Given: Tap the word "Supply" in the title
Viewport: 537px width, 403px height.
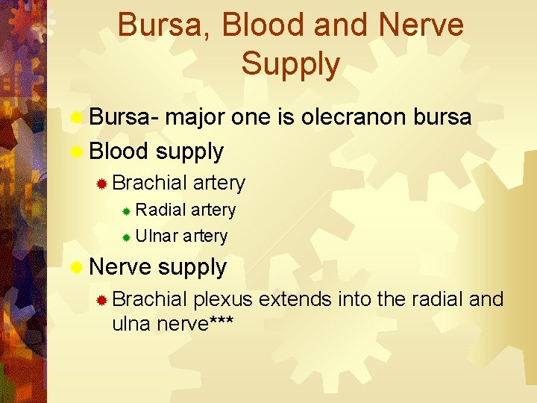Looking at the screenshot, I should (290, 64).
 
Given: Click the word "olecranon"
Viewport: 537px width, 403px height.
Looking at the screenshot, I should (344, 117).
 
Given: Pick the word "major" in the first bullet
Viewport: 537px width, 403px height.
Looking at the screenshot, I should (195, 118).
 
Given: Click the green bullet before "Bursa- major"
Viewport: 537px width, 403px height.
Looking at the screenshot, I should (76, 118).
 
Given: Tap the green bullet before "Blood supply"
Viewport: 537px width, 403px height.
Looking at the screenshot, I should (76, 151).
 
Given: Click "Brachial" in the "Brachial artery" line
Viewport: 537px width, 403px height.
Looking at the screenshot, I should (150, 182).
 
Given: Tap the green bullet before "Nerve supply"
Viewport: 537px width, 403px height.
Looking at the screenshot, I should (76, 267).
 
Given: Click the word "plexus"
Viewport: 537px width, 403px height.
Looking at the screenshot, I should (223, 300).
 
